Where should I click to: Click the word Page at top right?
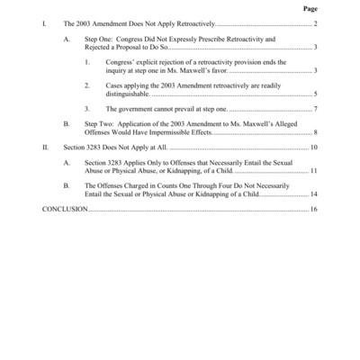click(310, 8)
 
